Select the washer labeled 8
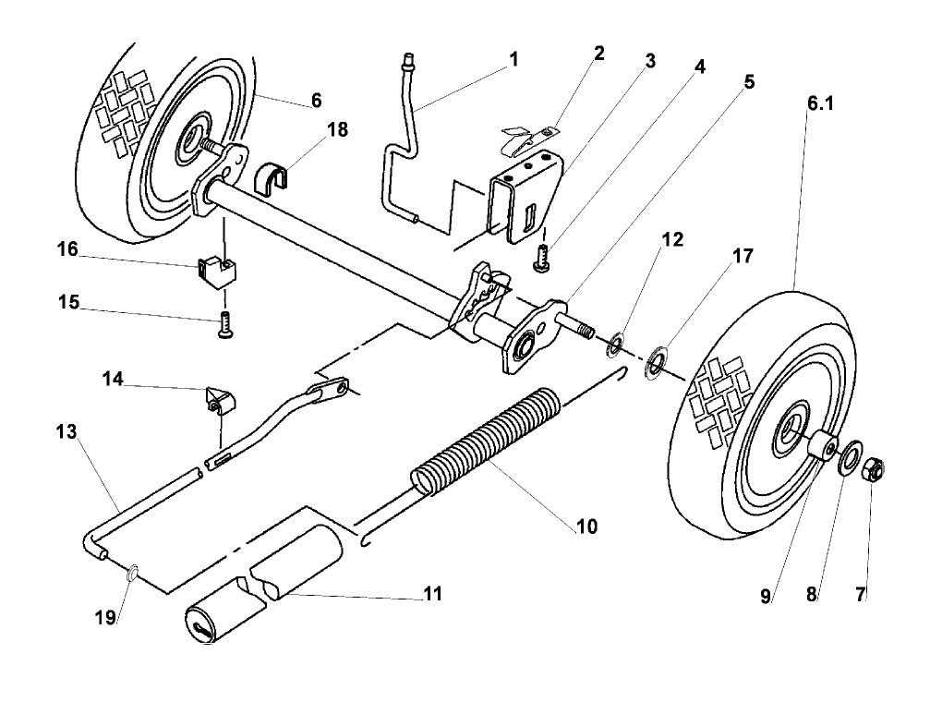[848, 463]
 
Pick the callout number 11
[431, 594]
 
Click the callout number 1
[513, 60]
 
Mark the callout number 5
[747, 81]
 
